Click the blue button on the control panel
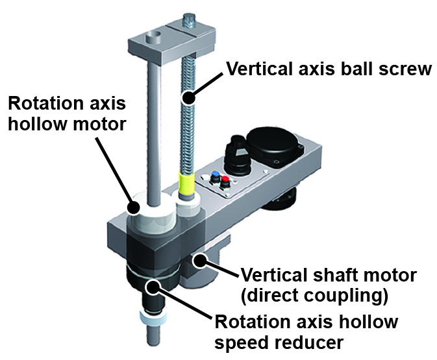pyautogui.click(x=215, y=176)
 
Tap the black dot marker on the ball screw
pyautogui.click(x=188, y=97)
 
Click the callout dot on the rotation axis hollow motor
pyautogui.click(x=134, y=207)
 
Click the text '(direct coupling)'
pyautogui.click(x=315, y=296)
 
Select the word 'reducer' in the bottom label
pyautogui.click(x=312, y=342)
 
